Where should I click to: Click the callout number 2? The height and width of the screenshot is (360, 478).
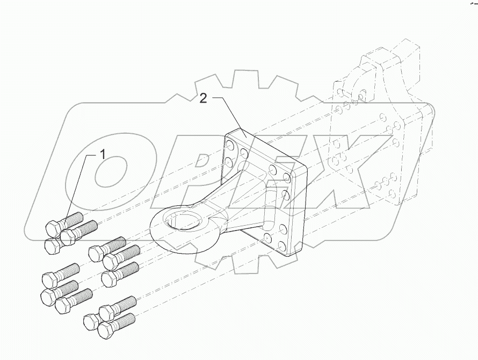pos(203,98)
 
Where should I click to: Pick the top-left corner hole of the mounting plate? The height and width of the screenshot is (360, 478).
pos(230,145)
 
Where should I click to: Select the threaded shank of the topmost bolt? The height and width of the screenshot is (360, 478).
pos(72,219)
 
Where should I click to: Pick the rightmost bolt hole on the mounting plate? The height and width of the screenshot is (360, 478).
pos(287,177)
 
